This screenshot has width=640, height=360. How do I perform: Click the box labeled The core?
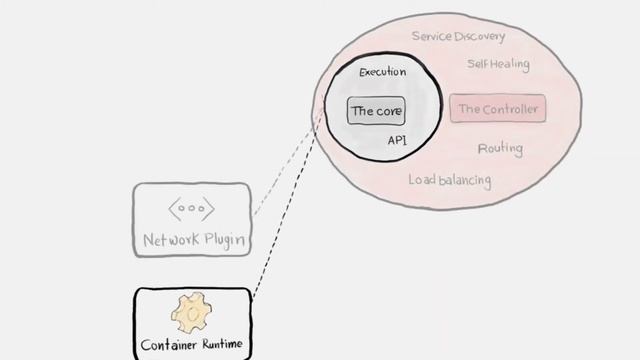coord(376,111)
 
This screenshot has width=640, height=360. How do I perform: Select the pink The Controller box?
coord(499,108)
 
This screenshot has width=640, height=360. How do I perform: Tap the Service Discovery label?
coord(458,36)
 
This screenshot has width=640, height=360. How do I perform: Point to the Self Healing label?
coord(499,64)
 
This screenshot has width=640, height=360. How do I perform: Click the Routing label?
coord(500,149)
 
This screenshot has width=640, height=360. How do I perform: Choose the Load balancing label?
coord(450,180)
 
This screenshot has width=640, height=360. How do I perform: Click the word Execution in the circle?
coord(383,72)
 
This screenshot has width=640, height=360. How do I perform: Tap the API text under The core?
coord(397,141)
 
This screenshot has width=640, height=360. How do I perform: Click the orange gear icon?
coord(191,313)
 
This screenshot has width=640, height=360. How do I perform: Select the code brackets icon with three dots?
coord(191,210)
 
